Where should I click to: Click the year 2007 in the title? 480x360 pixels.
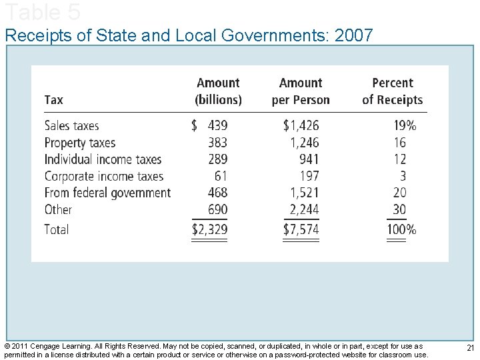tap(354, 35)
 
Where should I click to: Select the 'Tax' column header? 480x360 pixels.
tap(53, 100)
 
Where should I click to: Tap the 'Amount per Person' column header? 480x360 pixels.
tap(301, 91)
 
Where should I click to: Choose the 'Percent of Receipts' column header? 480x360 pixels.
tap(392, 91)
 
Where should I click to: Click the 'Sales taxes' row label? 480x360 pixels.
tap(71, 125)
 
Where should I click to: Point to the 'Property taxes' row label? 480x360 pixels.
tap(79, 143)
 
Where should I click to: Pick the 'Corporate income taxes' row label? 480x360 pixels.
tap(103, 176)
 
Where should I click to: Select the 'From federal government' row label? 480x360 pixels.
tap(107, 193)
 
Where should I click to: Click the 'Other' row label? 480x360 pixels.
tap(57, 209)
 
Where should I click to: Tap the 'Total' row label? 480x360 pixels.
tap(56, 229)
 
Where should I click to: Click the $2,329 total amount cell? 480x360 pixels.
tap(209, 230)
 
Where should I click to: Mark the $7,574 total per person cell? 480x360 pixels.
tap(301, 230)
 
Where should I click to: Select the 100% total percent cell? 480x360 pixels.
tap(401, 230)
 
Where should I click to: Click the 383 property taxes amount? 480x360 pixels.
tap(217, 143)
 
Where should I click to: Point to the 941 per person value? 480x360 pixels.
tap(309, 159)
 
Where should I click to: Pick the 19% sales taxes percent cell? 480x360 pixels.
tap(405, 125)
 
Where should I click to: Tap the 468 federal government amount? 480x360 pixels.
tap(217, 193)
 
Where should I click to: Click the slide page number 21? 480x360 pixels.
tap(470, 348)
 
